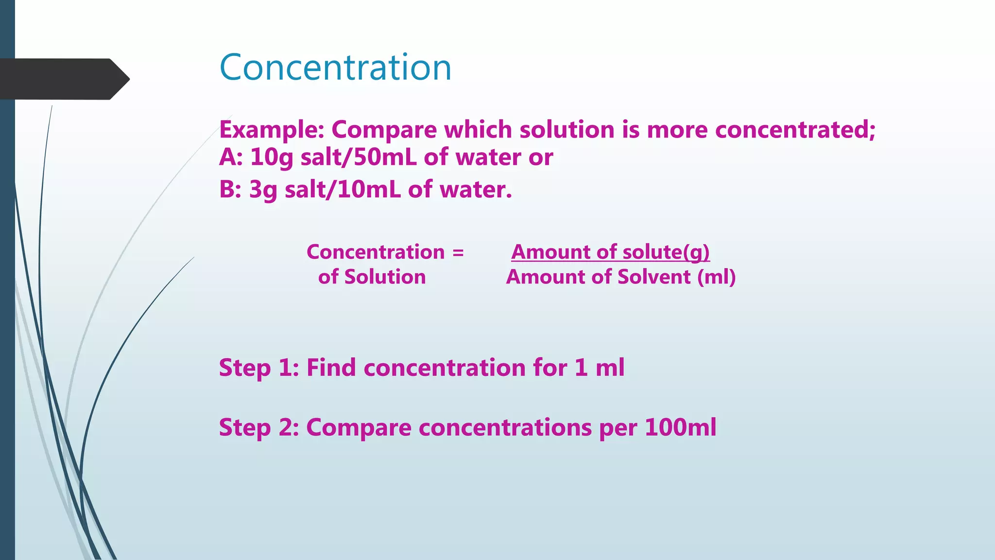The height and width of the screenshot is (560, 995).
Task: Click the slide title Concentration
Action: tap(335, 67)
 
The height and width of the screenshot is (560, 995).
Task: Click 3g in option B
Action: tap(263, 190)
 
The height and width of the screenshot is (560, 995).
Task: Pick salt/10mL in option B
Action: tap(343, 190)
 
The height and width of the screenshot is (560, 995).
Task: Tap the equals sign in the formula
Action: tap(458, 252)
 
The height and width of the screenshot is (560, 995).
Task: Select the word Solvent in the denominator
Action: tap(654, 277)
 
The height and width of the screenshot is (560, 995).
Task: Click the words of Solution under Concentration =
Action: tap(372, 277)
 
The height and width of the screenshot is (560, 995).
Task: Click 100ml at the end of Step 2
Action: tap(680, 428)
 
